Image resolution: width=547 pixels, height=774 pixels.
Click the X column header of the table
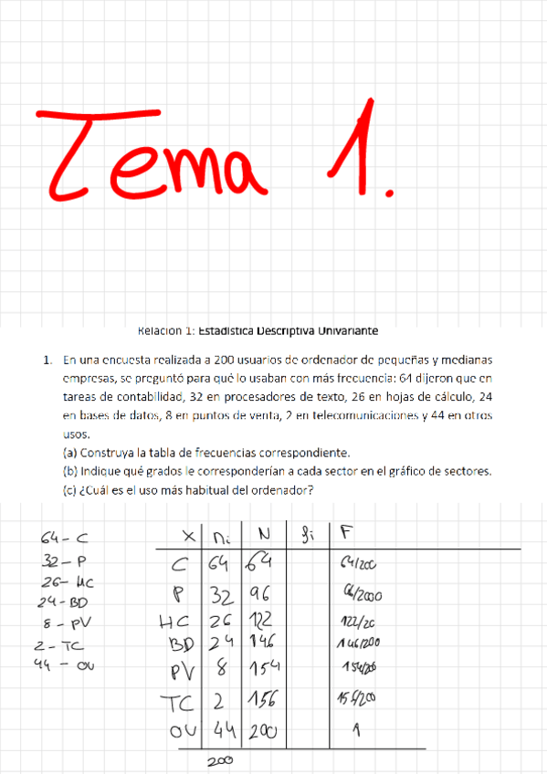coord(189,536)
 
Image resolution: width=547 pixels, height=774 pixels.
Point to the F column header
coord(344,533)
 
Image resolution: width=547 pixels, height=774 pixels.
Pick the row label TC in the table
coord(178,702)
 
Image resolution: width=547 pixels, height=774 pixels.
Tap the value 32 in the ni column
coord(223,595)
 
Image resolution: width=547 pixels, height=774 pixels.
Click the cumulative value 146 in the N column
coord(260,643)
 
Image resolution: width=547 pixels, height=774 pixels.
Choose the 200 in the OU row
coord(261,732)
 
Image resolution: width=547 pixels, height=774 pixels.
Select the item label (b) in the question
coord(70,471)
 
